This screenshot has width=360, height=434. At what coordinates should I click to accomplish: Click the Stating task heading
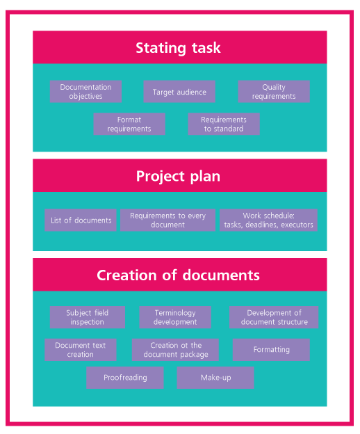(x=178, y=47)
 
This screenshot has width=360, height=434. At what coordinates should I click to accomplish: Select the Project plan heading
(x=178, y=176)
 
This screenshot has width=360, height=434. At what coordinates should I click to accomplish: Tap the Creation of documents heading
(x=178, y=275)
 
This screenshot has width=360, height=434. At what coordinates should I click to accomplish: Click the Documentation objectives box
(x=85, y=92)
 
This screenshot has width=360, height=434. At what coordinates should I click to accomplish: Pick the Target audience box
(x=179, y=92)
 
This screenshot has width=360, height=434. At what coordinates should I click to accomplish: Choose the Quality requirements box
(x=274, y=92)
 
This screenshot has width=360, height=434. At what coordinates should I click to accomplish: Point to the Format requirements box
(x=129, y=124)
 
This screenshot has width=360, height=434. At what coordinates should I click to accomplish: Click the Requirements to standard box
(x=224, y=124)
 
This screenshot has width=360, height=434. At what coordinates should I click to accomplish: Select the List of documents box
(x=81, y=220)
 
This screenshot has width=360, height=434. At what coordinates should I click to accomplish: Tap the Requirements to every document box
(x=167, y=220)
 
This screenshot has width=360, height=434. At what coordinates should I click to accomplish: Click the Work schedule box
(x=268, y=220)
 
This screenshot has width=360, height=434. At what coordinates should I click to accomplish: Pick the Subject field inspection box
(x=88, y=317)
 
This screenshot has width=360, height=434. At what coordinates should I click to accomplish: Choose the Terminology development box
(x=175, y=317)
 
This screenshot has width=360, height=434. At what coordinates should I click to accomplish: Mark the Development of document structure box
(x=274, y=317)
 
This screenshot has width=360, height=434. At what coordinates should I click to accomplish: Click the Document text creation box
(x=81, y=350)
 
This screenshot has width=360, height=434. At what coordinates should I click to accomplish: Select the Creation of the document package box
(x=175, y=350)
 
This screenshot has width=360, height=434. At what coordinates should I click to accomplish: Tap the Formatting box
(x=271, y=350)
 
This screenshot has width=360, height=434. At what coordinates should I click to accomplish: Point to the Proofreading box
(x=125, y=378)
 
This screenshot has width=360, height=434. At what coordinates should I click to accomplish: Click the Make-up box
(x=215, y=378)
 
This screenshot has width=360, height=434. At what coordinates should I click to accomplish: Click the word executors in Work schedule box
(x=297, y=225)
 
